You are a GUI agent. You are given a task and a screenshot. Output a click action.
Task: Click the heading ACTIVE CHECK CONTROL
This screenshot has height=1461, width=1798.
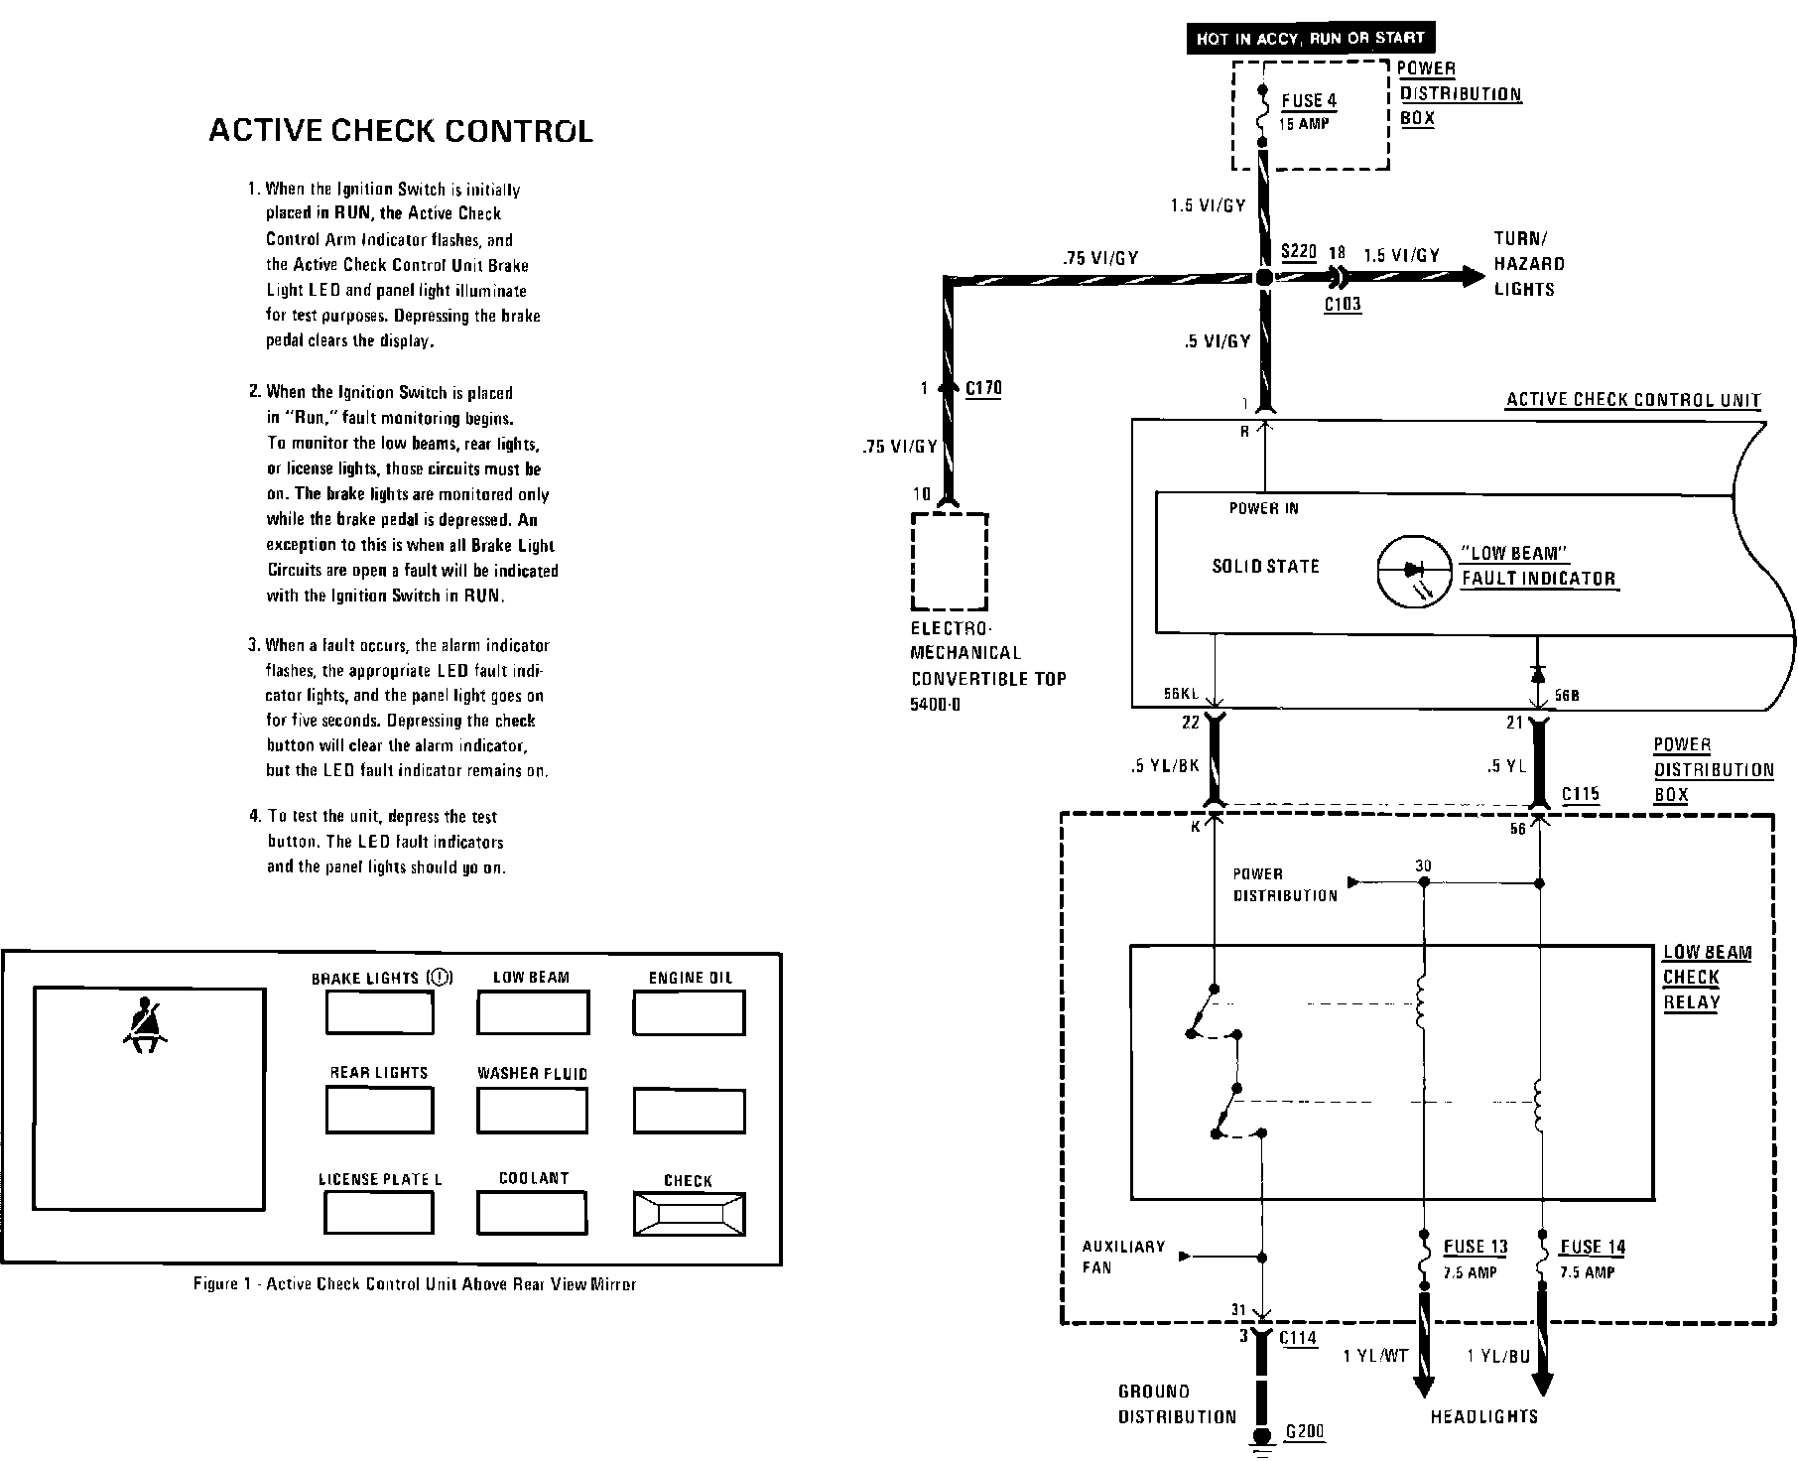pyautogui.click(x=400, y=131)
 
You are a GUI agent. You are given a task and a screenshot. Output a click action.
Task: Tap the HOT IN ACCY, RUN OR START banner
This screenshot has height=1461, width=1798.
pyautogui.click(x=1310, y=39)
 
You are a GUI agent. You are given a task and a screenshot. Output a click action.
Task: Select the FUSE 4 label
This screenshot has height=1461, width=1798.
pyautogui.click(x=1309, y=100)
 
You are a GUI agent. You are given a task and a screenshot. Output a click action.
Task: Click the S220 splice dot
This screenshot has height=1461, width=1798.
pyautogui.click(x=1263, y=278)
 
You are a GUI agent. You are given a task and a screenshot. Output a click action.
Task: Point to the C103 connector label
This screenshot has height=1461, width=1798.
pyautogui.click(x=1343, y=305)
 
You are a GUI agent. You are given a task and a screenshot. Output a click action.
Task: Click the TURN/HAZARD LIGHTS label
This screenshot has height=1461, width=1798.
pyautogui.click(x=1530, y=264)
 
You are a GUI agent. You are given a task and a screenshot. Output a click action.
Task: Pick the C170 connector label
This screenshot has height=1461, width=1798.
pyautogui.click(x=983, y=388)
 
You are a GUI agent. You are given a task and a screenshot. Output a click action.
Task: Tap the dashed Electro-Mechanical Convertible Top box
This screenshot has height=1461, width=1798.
pyautogui.click(x=950, y=561)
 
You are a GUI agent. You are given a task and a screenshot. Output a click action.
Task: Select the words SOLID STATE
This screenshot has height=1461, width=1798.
pyautogui.click(x=1265, y=567)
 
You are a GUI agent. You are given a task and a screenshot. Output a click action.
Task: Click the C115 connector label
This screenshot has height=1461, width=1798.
pyautogui.click(x=1581, y=794)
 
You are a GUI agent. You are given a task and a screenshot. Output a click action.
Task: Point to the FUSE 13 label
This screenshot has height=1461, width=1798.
pyautogui.click(x=1476, y=1247)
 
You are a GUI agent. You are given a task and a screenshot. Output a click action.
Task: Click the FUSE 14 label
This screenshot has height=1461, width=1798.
pyautogui.click(x=1593, y=1247)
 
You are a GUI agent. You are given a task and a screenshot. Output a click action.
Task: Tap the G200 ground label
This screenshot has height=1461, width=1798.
pyautogui.click(x=1305, y=1432)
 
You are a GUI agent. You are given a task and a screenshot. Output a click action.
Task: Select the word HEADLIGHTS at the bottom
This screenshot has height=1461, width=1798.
pyautogui.click(x=1483, y=1416)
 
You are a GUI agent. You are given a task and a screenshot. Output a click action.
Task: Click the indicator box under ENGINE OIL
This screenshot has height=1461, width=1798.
pyautogui.click(x=689, y=1013)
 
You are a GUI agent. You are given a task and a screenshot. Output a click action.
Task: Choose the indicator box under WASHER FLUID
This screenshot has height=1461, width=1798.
pyautogui.click(x=532, y=1110)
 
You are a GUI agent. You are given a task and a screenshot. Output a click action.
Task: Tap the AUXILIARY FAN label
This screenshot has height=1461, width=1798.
pyautogui.click(x=1123, y=1257)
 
